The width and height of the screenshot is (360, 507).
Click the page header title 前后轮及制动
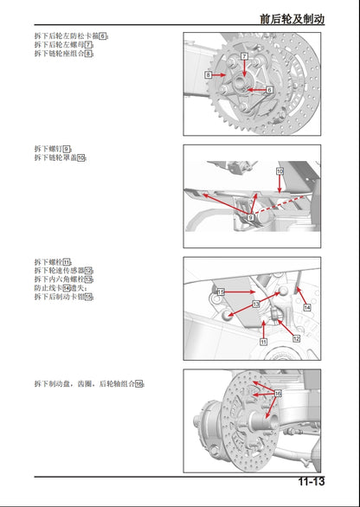coord(292,17)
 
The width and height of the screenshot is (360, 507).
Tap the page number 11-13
coord(312,482)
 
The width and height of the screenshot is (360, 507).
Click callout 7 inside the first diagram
coord(245,56)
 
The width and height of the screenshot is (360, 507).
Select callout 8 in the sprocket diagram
coord(209,76)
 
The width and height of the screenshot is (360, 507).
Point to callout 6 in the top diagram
coord(269,90)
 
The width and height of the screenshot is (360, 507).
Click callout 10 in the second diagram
coord(280,171)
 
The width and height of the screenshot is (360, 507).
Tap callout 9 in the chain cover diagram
coord(249,219)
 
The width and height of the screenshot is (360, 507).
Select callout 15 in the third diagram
coord(221,291)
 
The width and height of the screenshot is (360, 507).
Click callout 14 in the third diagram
coord(306,307)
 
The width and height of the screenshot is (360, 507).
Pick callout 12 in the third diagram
coord(296,337)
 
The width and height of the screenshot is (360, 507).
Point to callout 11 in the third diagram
coord(262,342)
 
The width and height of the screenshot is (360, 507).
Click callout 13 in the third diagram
coord(255,305)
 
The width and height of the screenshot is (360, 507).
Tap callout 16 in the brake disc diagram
coord(278,393)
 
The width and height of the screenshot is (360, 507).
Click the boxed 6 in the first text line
coord(103,35)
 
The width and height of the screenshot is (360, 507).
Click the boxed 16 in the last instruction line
coord(138,383)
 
